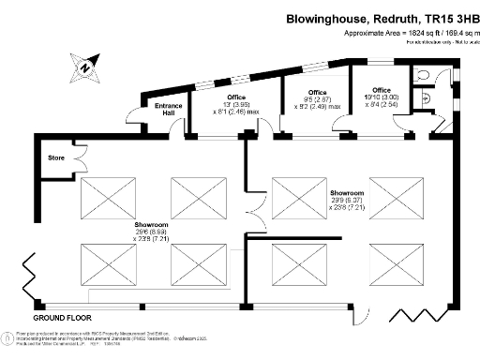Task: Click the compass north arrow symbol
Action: (x=85, y=65)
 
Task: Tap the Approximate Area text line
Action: (x=412, y=33)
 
